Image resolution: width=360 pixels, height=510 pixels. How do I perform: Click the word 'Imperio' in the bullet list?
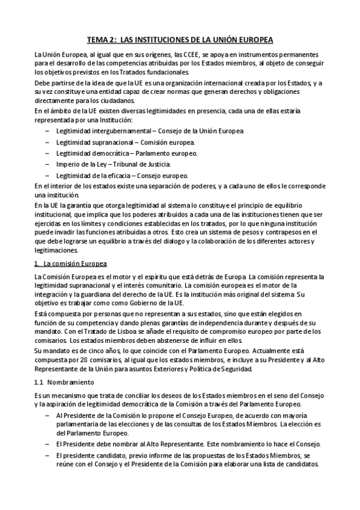[67, 164]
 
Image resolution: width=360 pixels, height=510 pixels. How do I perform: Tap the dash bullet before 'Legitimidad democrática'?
[47, 153]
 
